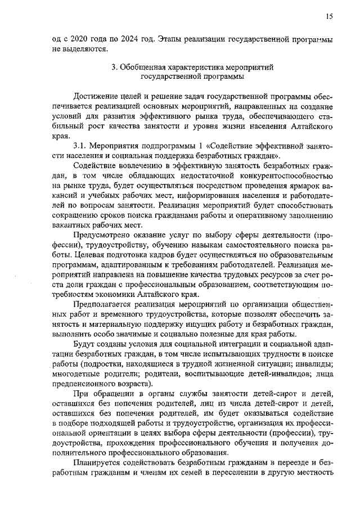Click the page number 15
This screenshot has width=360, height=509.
(329, 16)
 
